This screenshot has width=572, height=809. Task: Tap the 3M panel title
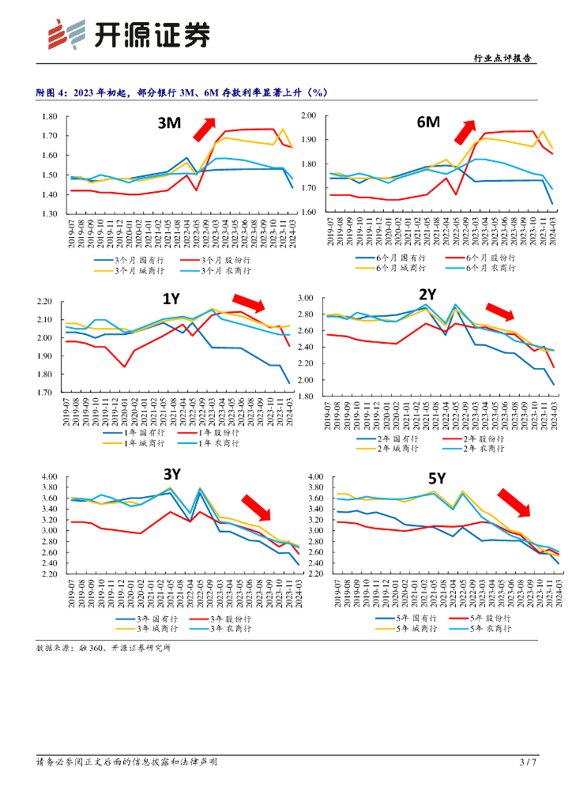(168, 123)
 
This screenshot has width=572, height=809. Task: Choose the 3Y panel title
(173, 474)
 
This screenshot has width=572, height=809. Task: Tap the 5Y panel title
(437, 477)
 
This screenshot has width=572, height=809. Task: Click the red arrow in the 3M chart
(205, 126)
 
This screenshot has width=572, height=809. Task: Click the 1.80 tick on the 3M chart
(50, 117)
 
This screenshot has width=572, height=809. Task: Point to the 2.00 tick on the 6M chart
(308, 115)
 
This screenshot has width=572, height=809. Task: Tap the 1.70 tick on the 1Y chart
(45, 392)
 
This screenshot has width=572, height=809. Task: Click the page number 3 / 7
(528, 762)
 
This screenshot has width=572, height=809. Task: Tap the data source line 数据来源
(103, 648)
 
